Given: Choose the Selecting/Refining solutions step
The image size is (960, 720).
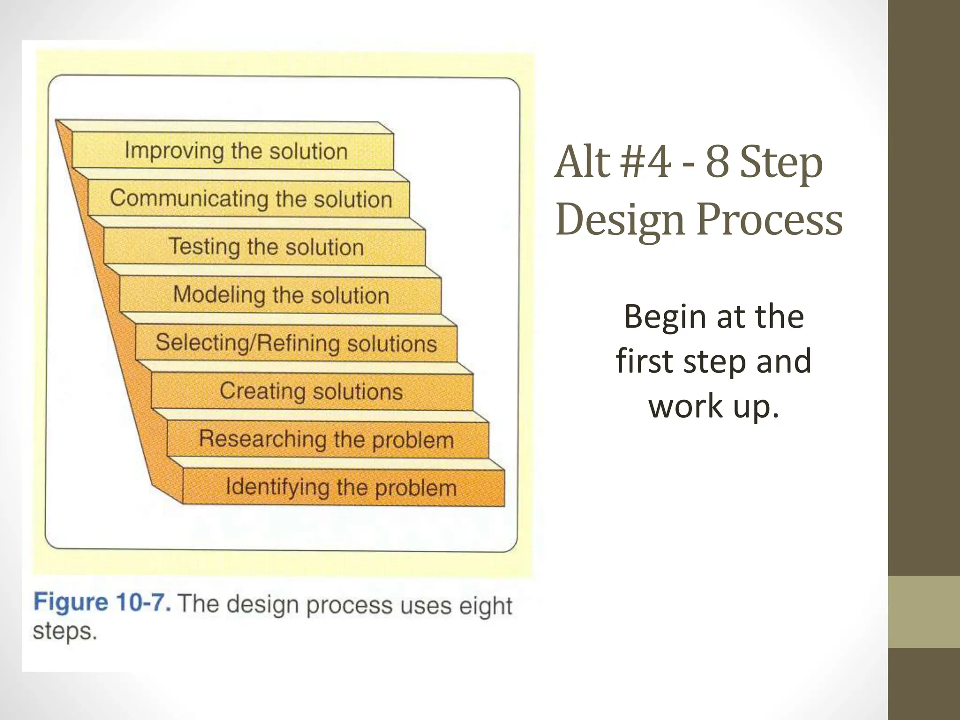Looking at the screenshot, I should click(x=296, y=343).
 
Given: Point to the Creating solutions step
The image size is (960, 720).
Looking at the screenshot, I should click(x=311, y=391).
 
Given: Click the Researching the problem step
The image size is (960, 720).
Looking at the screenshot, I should click(x=327, y=439).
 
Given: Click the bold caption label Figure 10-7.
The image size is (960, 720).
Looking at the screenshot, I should click(x=102, y=602).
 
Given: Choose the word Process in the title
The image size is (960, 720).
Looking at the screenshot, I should click(x=769, y=219).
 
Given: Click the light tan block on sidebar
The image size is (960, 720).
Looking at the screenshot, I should click(x=923, y=611).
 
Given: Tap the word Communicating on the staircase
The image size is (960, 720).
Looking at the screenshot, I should click(x=189, y=198).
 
